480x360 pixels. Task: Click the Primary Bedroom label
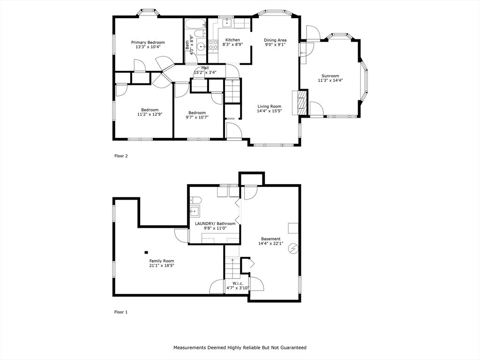pos(148,42)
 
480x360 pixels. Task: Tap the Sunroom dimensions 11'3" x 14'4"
pos(330,81)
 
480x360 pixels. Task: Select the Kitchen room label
pos(232,40)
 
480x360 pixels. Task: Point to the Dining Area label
pos(275,40)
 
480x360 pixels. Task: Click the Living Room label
pos(270,106)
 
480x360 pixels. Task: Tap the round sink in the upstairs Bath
pos(201,47)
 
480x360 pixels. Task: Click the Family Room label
pos(162,261)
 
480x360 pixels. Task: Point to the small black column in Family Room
pos(146,253)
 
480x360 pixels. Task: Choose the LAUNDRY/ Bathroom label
pos(215,224)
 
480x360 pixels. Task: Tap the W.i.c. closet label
pos(238,284)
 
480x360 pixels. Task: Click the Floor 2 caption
pos(121,156)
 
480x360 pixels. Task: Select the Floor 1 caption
pos(121,312)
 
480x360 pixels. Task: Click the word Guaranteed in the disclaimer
pos(293,347)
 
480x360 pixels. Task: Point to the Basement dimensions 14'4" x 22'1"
pos(270,243)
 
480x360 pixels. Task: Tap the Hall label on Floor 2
pos(205,67)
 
